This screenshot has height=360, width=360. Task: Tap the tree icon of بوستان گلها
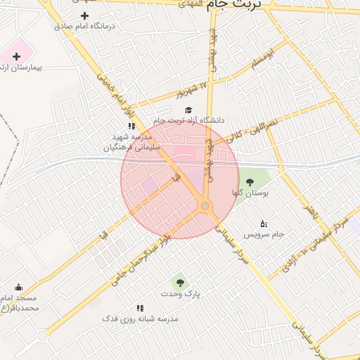[250, 182]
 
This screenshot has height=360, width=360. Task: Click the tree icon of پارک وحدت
[181, 283]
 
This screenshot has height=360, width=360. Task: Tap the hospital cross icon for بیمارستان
[15, 56]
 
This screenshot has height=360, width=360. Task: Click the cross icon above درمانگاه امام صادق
[85, 15]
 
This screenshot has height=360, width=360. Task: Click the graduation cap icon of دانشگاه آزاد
[188, 110]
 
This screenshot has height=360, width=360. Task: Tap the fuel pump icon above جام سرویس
[264, 223]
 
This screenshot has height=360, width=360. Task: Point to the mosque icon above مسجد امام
[18, 287]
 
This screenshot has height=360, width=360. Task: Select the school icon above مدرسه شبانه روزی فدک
[140, 308]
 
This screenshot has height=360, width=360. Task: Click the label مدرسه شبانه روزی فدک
[141, 319]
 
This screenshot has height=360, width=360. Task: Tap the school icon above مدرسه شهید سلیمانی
[131, 126]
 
